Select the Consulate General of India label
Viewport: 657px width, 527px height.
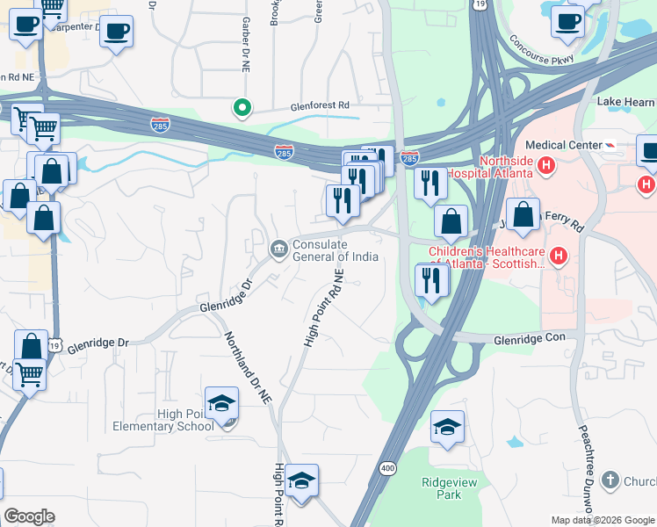pos(335,250)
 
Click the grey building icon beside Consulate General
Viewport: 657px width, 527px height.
pos(278,250)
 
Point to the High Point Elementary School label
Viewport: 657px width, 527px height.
pos(162,420)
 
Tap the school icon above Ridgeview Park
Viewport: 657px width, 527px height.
pos(447,429)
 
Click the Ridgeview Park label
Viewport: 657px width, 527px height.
pos(441,488)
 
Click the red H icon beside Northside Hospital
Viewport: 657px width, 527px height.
pos(546,164)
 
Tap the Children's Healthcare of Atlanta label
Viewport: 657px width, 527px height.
pos(486,256)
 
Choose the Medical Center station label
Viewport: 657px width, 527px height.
pos(560,145)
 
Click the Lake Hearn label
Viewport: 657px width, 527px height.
pos(626,101)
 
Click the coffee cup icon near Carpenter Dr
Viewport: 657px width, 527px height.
pos(116,33)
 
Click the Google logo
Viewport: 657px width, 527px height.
pos(29,516)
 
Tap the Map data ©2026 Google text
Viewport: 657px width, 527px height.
pos(602,520)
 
